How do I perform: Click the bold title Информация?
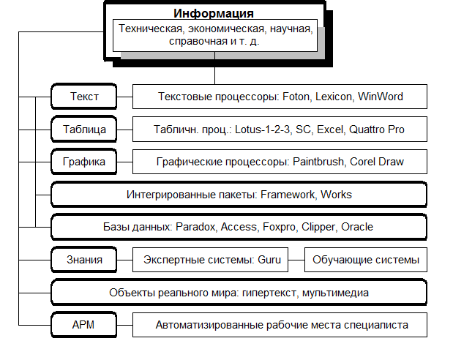(x=214, y=14)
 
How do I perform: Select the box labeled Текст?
(x=84, y=97)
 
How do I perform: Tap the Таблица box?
(x=84, y=130)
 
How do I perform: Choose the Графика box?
(x=84, y=162)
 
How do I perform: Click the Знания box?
(x=84, y=260)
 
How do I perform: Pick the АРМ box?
(x=84, y=325)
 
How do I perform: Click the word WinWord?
(x=381, y=97)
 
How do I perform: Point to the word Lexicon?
(x=334, y=97)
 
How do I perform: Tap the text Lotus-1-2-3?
(x=262, y=130)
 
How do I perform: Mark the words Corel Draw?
(x=377, y=162)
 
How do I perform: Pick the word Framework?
(x=287, y=195)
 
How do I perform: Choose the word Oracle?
(x=357, y=227)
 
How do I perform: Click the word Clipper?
(x=318, y=227)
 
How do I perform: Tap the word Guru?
(x=269, y=260)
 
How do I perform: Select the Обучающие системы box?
(x=366, y=260)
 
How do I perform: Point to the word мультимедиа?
(x=335, y=293)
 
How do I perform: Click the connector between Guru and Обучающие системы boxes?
(x=296, y=260)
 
